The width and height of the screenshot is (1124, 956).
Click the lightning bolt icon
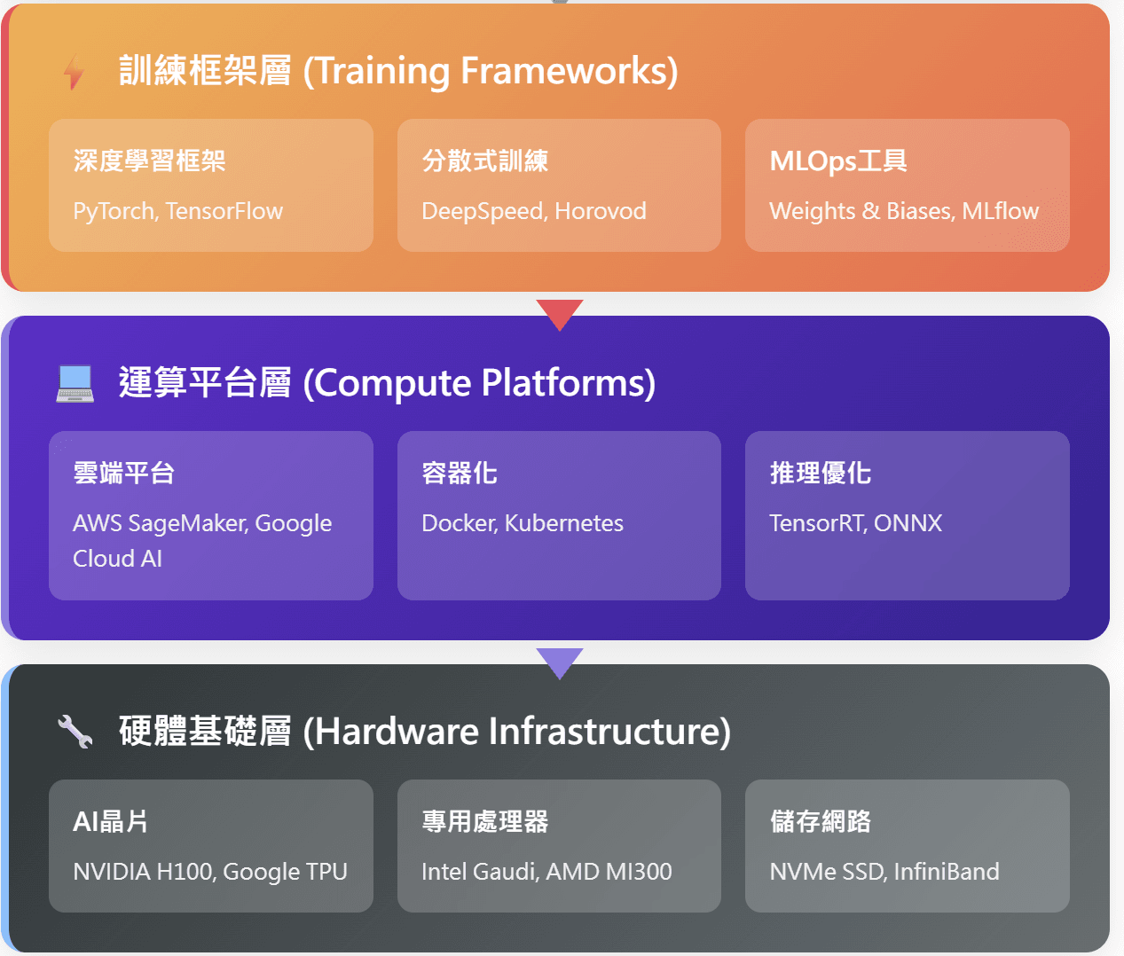pos(75,72)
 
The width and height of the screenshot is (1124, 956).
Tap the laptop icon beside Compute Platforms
pos(75,383)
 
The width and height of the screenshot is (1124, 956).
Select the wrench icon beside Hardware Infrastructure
pos(75,732)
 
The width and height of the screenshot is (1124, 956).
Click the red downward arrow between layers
pos(560,313)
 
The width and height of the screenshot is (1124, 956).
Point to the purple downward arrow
pos(560,662)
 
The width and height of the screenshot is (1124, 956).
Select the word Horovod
pos(601,211)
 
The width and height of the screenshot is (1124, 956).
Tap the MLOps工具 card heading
pos(837,161)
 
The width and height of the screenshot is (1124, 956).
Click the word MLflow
pos(1000,211)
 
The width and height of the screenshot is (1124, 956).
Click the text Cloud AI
pos(117,559)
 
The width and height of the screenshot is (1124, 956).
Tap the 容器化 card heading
pos(460,473)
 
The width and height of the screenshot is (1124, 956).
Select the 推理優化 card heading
pos(820,473)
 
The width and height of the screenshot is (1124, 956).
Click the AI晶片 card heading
pos(110,821)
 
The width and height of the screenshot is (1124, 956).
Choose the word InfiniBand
pos(947,872)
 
